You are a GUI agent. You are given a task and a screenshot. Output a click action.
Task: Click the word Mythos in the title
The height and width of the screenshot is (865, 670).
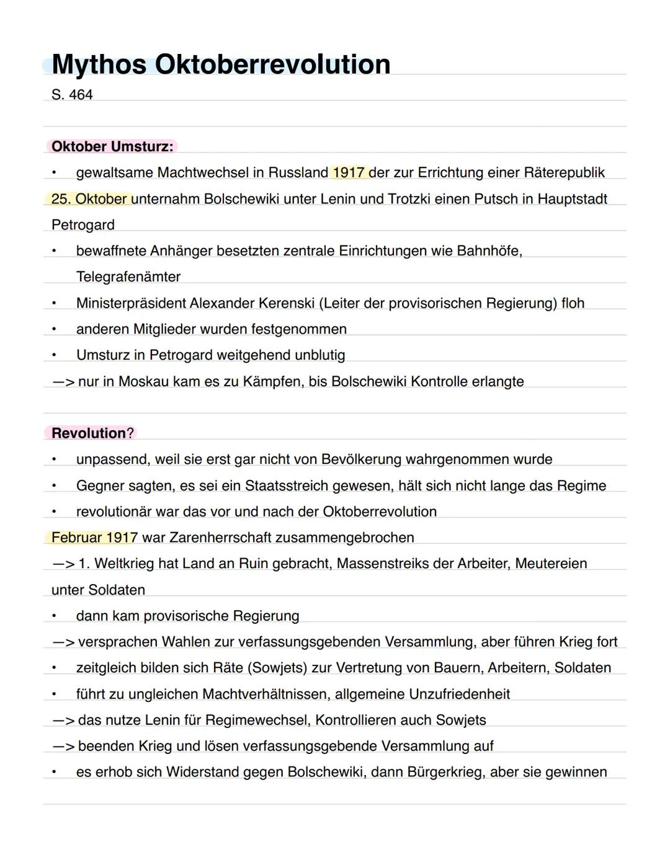tap(99, 64)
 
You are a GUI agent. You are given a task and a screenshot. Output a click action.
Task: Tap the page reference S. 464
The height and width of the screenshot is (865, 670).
tap(72, 95)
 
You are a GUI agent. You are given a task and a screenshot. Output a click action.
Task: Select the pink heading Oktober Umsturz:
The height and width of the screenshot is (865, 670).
tap(112, 147)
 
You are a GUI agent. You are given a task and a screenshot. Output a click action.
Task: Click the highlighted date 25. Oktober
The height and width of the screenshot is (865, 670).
tap(90, 199)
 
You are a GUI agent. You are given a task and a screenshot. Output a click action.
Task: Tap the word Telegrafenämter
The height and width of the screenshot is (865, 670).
tap(128, 277)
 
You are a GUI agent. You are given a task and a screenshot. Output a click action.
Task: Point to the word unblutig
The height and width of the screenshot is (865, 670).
tap(320, 355)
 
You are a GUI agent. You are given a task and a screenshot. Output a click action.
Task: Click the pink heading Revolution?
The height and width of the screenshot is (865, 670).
tap(92, 433)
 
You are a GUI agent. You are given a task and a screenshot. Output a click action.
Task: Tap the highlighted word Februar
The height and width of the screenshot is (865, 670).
tap(76, 538)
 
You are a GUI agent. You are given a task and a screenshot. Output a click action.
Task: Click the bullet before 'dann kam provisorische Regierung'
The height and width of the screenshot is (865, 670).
tap(54, 616)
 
